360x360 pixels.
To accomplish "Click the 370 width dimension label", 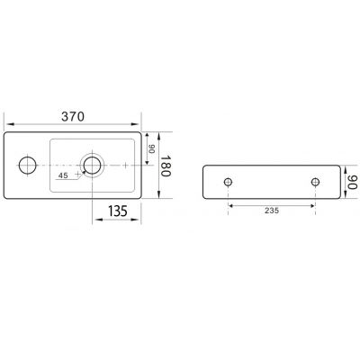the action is [73, 116].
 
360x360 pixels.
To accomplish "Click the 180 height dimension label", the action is [166, 166].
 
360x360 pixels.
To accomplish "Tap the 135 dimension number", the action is [118, 211].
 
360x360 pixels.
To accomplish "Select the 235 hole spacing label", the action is [272, 211].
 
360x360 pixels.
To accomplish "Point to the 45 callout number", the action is [63, 175].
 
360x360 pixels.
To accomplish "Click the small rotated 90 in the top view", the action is [152, 149].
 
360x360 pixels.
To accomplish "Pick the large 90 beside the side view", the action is [353, 182].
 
